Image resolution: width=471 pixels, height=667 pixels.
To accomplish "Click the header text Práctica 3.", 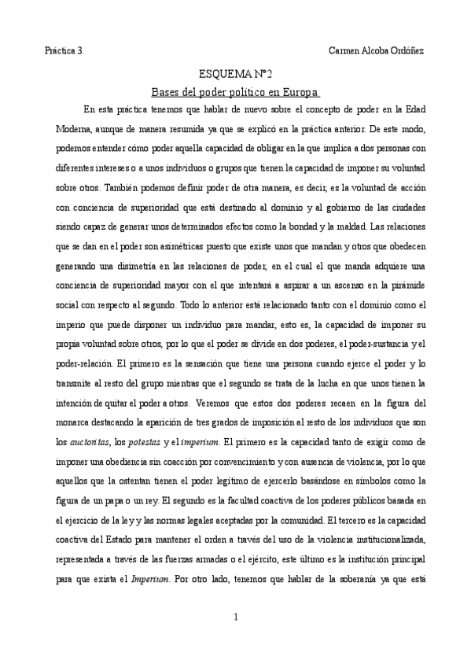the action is (64, 50).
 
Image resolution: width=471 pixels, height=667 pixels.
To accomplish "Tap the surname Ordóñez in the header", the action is (403, 50).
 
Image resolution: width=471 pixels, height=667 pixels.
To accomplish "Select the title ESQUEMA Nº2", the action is (236, 74).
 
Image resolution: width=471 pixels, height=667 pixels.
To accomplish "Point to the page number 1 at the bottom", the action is (236, 617).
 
